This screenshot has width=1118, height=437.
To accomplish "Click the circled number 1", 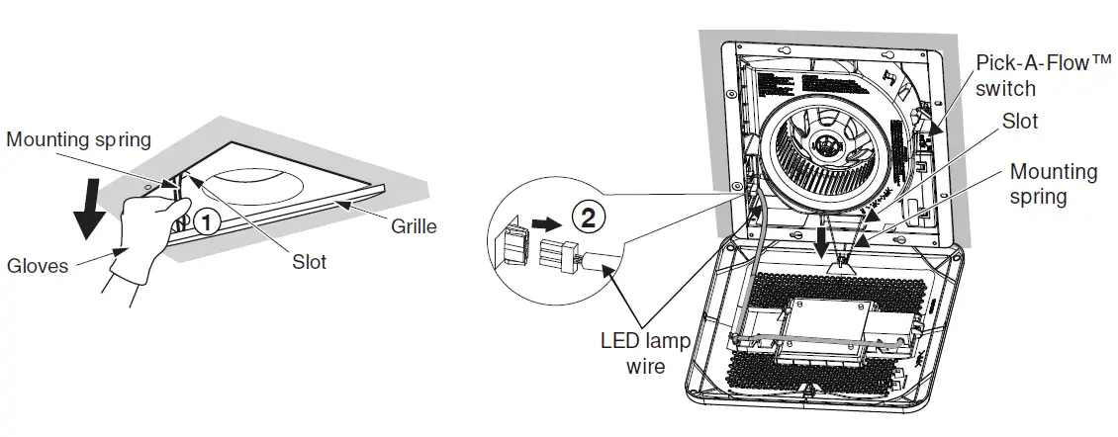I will click(x=206, y=222).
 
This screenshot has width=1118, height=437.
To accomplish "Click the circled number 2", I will click(x=587, y=217).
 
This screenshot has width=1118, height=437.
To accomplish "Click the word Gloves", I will click(x=38, y=265).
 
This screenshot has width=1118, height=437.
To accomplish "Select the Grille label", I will click(x=414, y=226).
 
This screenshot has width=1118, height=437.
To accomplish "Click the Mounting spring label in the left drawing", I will click(x=79, y=139).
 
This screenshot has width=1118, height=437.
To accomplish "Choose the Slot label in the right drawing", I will click(x=1020, y=122).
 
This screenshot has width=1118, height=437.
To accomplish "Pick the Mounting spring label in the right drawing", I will click(x=1053, y=184).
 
